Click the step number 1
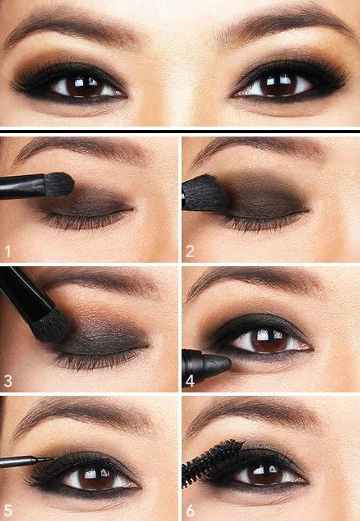pos(8,251)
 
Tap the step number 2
pos(190,251)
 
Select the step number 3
pos(8,381)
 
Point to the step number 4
pos(190,381)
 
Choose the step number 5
pos(8,510)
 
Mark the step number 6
pos(190,510)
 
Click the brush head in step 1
pos(59,184)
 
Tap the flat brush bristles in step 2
pos(205,193)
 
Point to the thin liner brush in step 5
pos(27,461)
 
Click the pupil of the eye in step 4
pos(268,340)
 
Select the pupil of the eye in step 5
pos(95,477)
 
